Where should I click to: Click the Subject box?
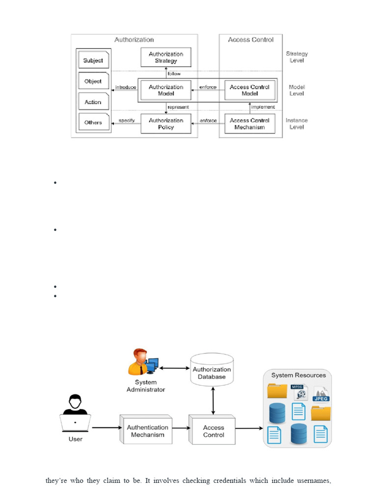pyautogui.click(x=93, y=60)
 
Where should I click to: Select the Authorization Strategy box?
pyautogui.click(x=166, y=57)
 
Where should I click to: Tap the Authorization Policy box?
pyautogui.click(x=166, y=124)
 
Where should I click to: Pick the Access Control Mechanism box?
pyautogui.click(x=249, y=124)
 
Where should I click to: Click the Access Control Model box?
pyautogui.click(x=249, y=90)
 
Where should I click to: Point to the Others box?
pyautogui.click(x=93, y=123)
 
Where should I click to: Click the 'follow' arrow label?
pyautogui.click(x=174, y=74)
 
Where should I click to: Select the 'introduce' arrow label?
pyautogui.click(x=125, y=87)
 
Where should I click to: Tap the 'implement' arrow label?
pyautogui.click(x=263, y=106)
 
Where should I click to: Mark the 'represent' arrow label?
pyautogui.click(x=178, y=106)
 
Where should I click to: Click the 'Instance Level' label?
pyautogui.click(x=296, y=124)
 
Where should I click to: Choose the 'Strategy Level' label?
pyautogui.click(x=296, y=57)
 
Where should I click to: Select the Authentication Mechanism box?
pyautogui.click(x=147, y=430)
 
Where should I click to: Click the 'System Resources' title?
pyautogui.click(x=298, y=375)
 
